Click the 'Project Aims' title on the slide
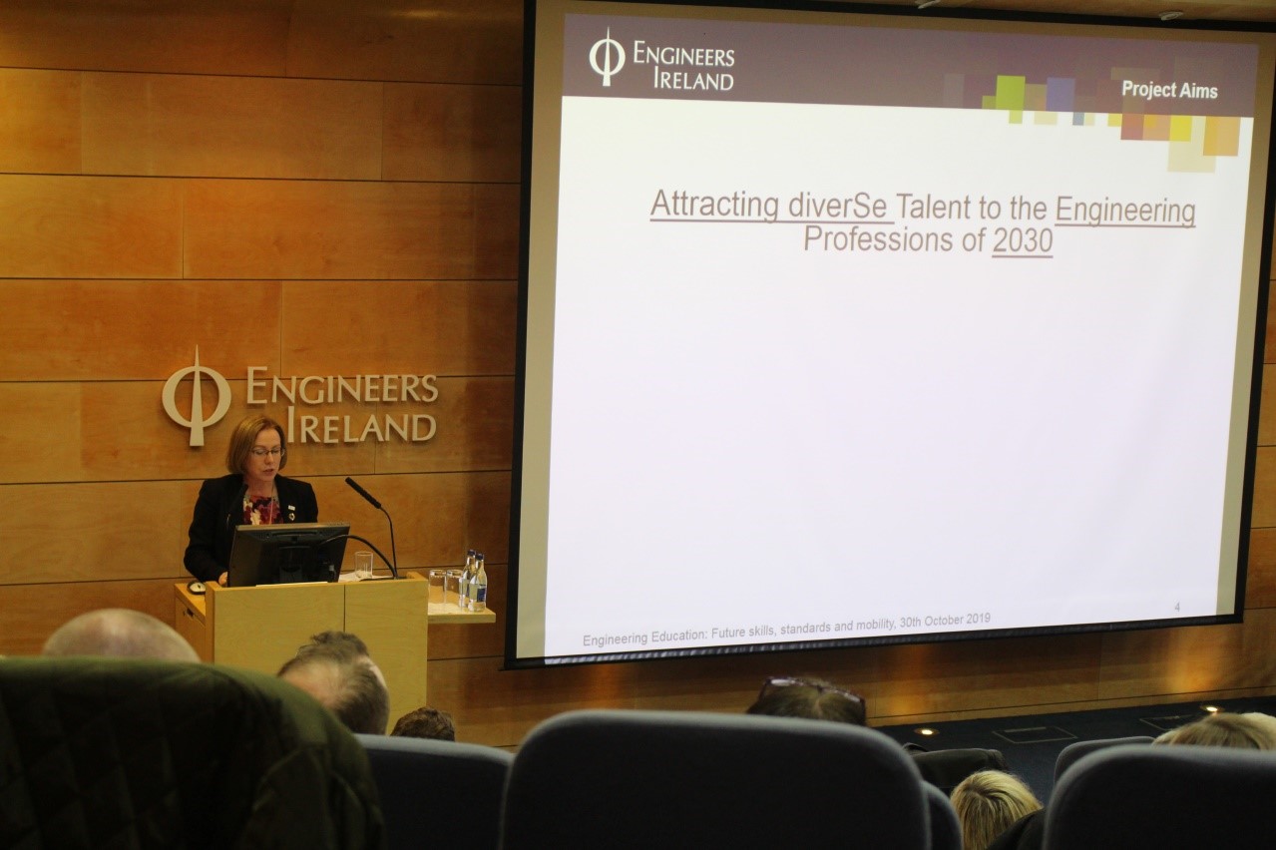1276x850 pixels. click(1169, 90)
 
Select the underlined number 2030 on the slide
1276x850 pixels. click(1023, 241)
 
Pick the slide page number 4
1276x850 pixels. click(1177, 608)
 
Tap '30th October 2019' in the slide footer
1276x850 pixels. click(945, 621)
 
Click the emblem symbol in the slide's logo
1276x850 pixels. click(607, 58)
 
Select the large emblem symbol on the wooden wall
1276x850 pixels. click(197, 397)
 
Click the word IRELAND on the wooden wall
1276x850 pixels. click(361, 427)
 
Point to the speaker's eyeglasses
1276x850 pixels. click(266, 452)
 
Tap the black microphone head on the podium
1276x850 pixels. click(363, 492)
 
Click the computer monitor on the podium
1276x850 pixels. click(287, 554)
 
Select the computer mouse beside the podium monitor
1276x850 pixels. click(197, 587)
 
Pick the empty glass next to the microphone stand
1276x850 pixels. click(363, 566)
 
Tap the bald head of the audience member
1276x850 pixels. click(120, 636)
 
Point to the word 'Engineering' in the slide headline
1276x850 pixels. click(1125, 211)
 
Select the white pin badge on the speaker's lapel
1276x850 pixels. click(291, 505)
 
